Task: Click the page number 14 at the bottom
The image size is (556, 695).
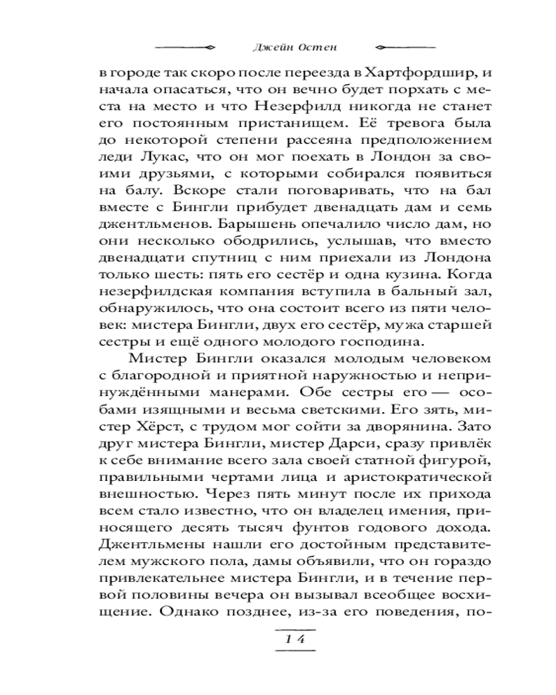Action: coord(296,640)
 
